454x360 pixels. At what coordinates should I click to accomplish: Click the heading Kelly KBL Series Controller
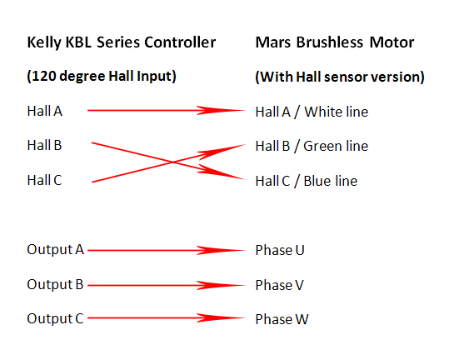pyautogui.click(x=122, y=42)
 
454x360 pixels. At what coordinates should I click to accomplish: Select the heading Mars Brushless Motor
pyautogui.click(x=335, y=42)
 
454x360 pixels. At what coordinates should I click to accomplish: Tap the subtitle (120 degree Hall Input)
pyautogui.click(x=102, y=77)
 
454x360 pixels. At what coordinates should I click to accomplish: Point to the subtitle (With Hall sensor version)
pyautogui.click(x=340, y=77)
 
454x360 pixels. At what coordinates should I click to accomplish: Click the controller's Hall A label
pyautogui.click(x=45, y=111)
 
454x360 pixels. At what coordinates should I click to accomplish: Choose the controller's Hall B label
pyautogui.click(x=44, y=145)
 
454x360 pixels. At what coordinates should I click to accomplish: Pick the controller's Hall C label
pyautogui.click(x=44, y=180)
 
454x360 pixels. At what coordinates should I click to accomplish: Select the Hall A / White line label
pyautogui.click(x=312, y=112)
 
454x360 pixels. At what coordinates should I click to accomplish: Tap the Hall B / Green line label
pyautogui.click(x=312, y=147)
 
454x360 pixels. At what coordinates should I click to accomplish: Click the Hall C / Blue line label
pyautogui.click(x=307, y=182)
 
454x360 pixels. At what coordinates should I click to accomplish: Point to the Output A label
pyautogui.click(x=55, y=250)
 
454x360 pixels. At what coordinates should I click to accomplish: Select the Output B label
pyautogui.click(x=55, y=284)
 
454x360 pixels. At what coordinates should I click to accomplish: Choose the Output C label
pyautogui.click(x=55, y=318)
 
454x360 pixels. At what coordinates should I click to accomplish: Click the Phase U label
pyautogui.click(x=280, y=250)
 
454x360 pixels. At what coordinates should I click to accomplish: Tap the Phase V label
pyautogui.click(x=279, y=285)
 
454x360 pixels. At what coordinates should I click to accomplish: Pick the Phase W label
pyautogui.click(x=282, y=319)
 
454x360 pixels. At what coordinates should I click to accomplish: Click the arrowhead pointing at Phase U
pyautogui.click(x=222, y=251)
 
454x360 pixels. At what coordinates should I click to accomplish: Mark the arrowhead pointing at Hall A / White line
pyautogui.click(x=222, y=110)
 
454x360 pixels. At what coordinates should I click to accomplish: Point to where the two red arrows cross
pyautogui.click(x=172, y=162)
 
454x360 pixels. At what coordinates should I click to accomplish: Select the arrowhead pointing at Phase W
pyautogui.click(x=222, y=318)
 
